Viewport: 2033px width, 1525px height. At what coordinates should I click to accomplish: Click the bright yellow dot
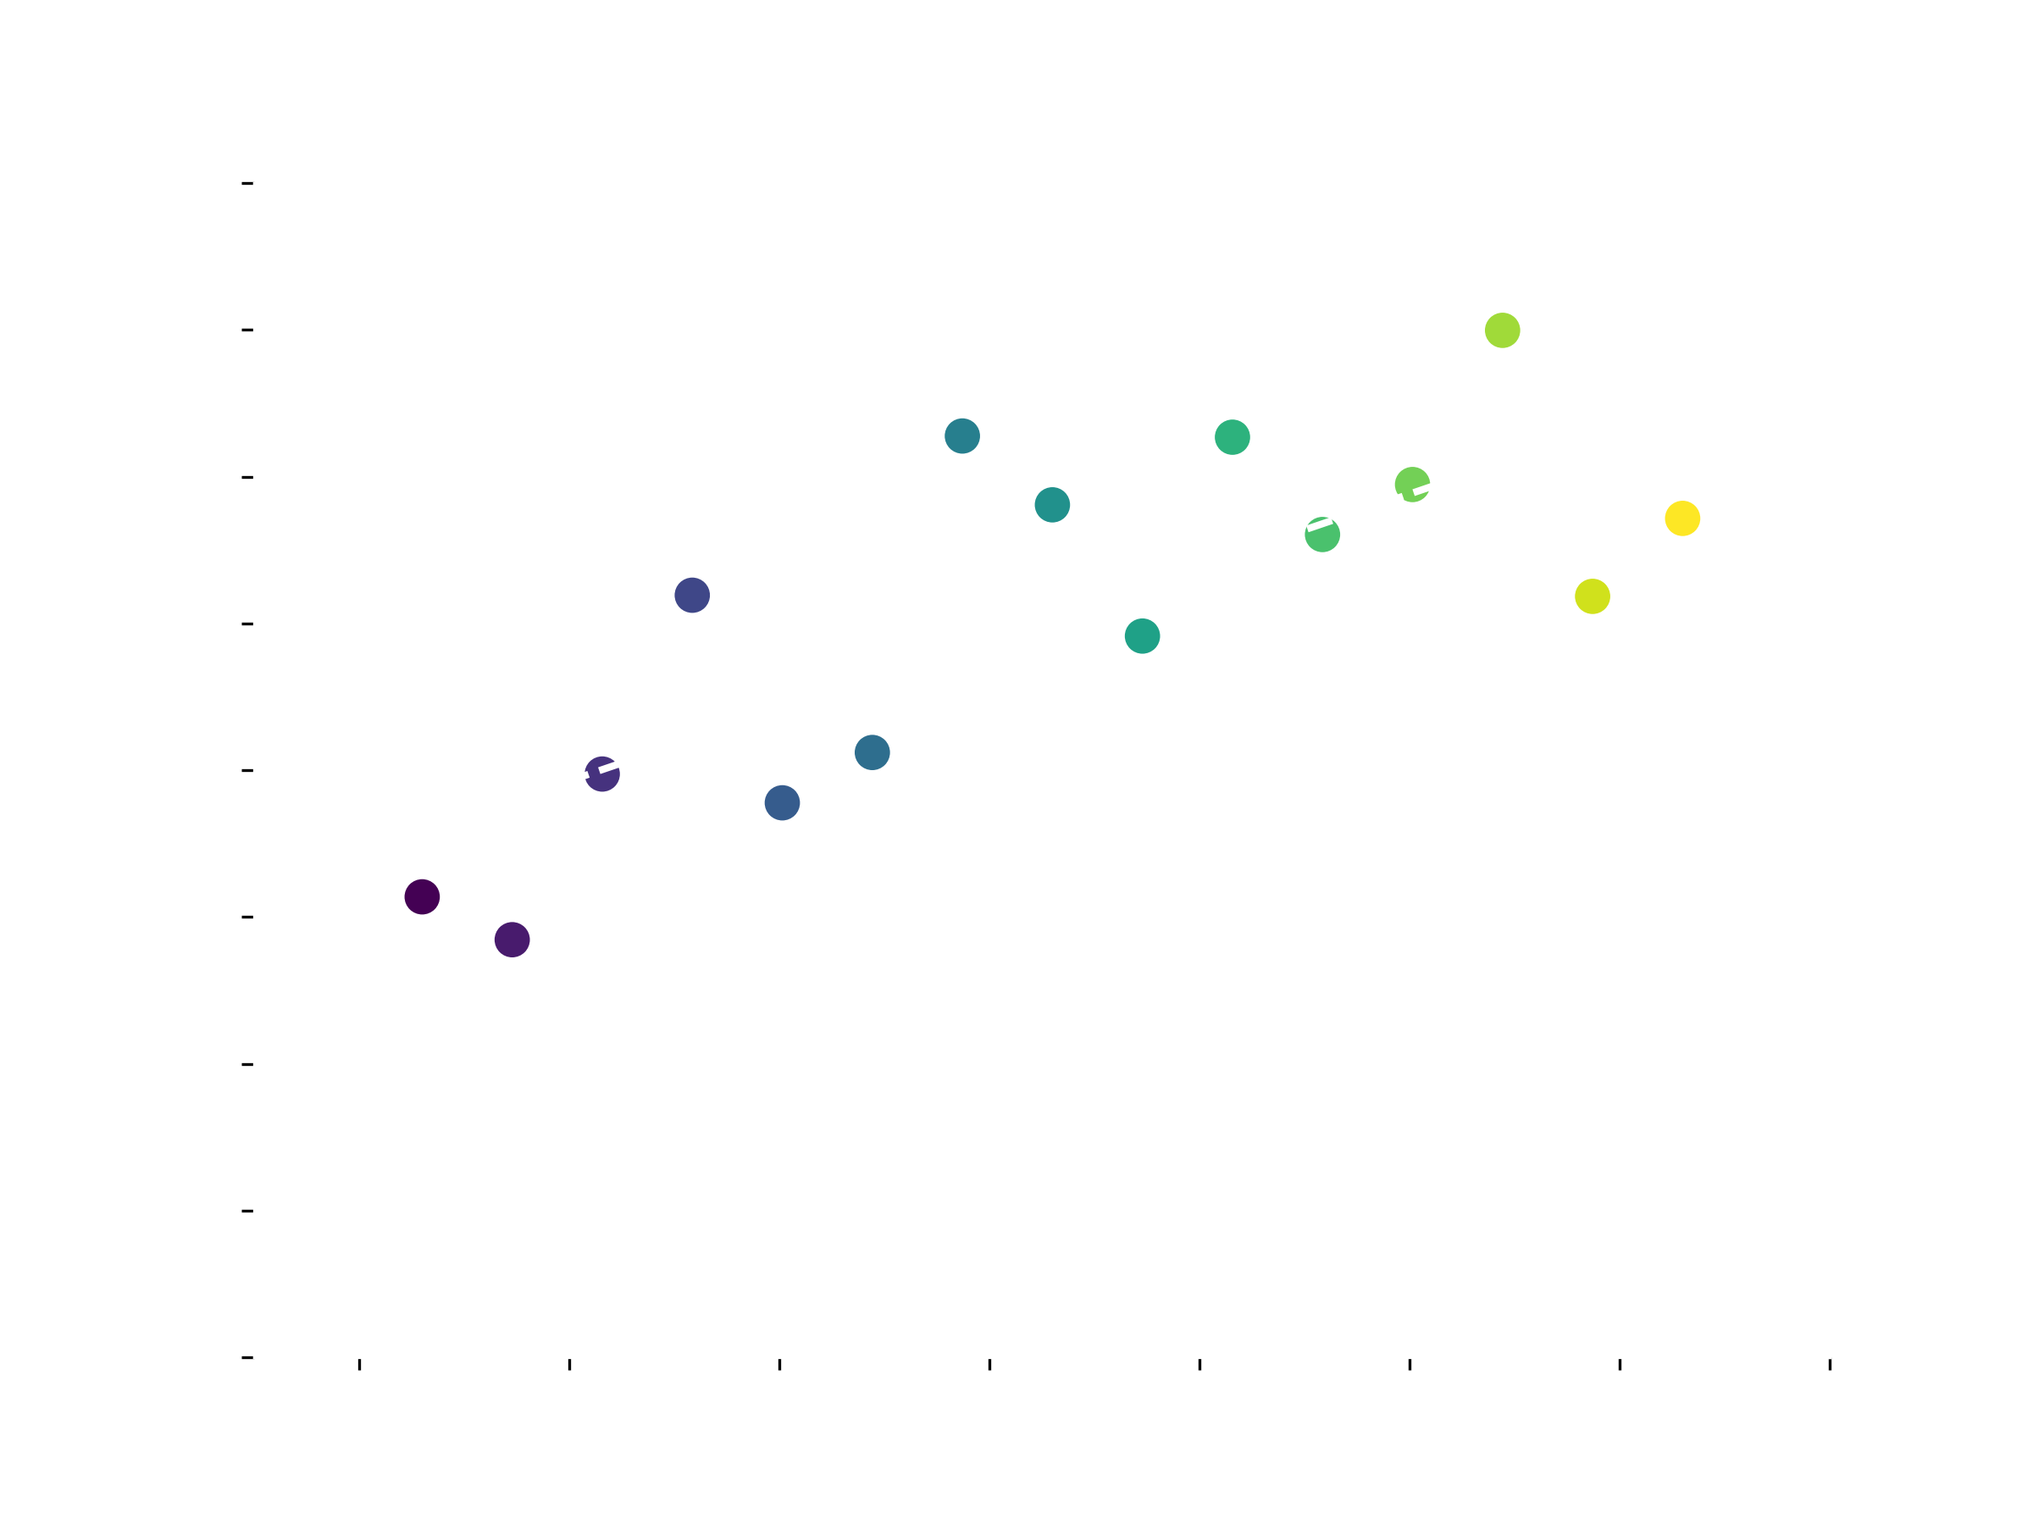(1682, 518)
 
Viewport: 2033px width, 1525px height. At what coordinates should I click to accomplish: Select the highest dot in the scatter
(1502, 330)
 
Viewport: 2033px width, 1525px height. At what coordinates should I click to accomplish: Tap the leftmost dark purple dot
(422, 896)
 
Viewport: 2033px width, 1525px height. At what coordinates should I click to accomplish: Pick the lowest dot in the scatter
(512, 940)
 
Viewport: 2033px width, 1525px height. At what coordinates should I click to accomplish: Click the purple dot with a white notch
(602, 775)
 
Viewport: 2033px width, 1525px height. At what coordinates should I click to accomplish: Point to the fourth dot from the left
(692, 595)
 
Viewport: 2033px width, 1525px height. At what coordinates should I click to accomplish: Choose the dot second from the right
(1592, 596)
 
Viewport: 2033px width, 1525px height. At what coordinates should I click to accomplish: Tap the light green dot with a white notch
(1412, 484)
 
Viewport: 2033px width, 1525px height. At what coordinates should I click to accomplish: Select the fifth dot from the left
(782, 802)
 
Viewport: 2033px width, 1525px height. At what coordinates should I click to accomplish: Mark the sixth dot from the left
(872, 753)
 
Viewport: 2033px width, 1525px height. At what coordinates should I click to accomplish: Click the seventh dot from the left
(962, 435)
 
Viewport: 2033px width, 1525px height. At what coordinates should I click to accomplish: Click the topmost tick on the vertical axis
(247, 184)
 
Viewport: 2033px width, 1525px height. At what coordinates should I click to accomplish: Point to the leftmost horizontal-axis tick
(359, 1364)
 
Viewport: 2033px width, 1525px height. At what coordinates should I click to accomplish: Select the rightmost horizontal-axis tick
(1830, 1364)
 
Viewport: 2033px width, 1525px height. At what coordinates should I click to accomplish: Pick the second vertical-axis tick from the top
(247, 330)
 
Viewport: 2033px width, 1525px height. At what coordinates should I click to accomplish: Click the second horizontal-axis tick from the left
(570, 1364)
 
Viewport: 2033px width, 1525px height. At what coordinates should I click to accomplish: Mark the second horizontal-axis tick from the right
(1620, 1364)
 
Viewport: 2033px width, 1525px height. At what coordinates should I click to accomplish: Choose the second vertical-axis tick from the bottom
(247, 1211)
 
